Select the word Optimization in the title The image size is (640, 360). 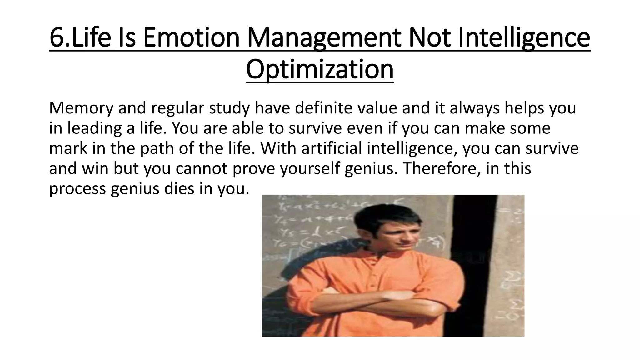click(320, 69)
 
